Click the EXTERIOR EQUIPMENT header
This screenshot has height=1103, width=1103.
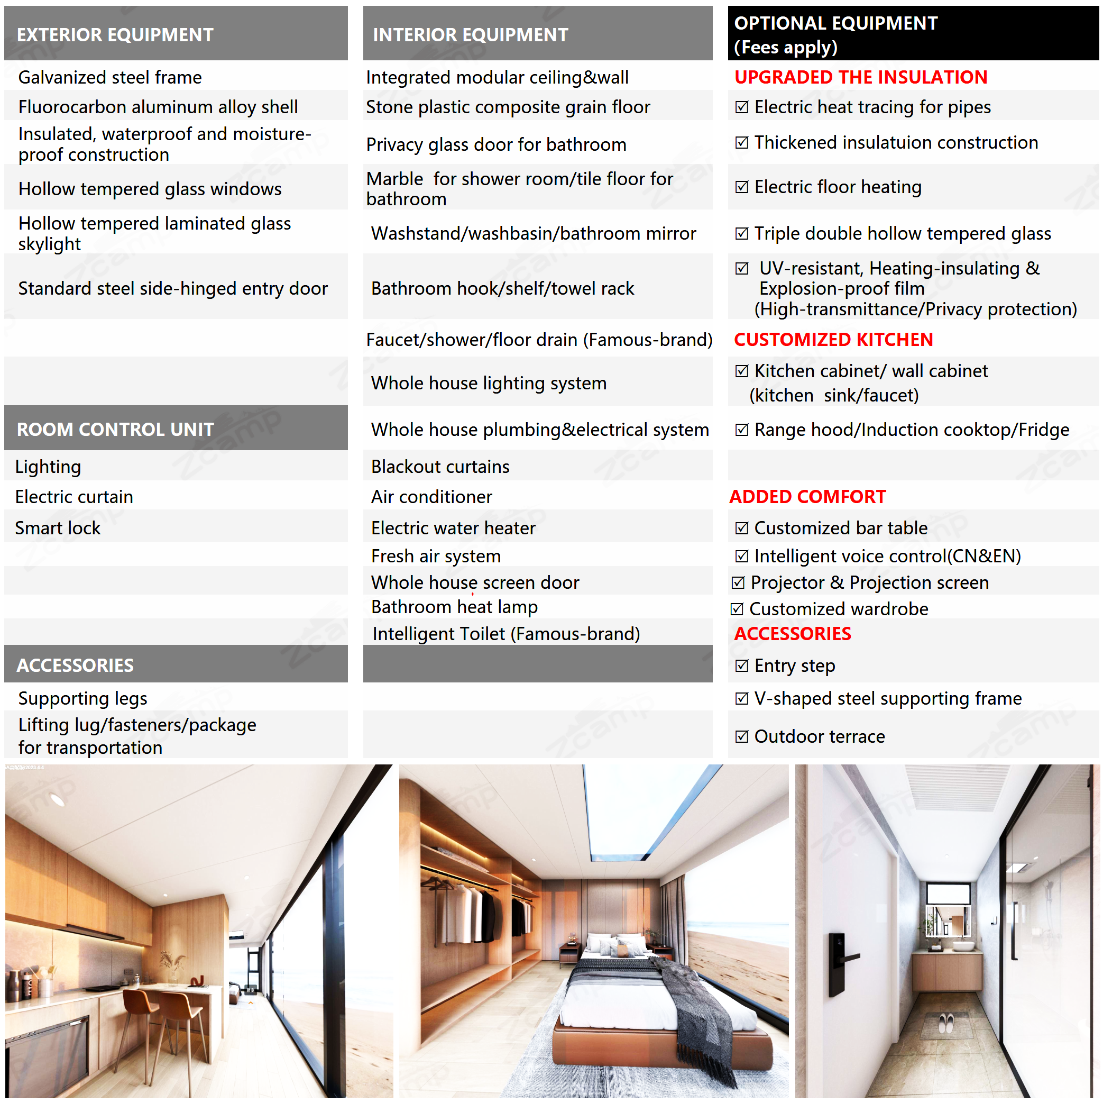point(115,35)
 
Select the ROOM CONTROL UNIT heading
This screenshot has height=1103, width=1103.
point(115,430)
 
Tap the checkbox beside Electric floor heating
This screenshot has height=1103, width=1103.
point(742,187)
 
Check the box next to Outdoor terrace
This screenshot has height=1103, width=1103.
point(742,736)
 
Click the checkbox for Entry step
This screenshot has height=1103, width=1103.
point(742,666)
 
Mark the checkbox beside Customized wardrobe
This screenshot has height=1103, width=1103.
point(737,609)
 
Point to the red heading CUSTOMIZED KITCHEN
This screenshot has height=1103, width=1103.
point(833,340)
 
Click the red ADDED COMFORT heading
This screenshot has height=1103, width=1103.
point(807,497)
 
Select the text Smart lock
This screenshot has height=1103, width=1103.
point(58,528)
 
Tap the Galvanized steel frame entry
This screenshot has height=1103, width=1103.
point(110,77)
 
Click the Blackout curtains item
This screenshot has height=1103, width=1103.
point(440,467)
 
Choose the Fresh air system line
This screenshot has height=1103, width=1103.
point(436,556)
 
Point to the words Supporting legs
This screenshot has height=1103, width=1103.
point(83,698)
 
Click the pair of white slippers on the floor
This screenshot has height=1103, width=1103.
point(945,1022)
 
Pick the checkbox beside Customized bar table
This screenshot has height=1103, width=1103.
point(742,528)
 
